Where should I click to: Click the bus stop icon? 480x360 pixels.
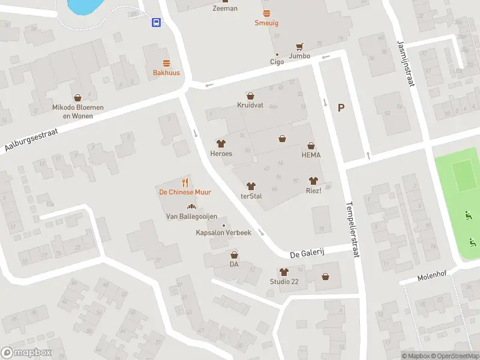pos(156,23)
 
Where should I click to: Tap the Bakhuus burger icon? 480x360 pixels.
pos(166,63)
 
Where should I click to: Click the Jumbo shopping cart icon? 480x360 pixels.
pos(299,46)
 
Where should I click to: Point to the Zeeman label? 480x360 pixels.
pos(225,8)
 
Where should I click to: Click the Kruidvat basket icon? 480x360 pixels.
pos(250,95)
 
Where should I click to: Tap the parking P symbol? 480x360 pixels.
pos(341,108)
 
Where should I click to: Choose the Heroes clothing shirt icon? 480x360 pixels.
pos(221,143)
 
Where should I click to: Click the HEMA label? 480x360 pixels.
pos(311,155)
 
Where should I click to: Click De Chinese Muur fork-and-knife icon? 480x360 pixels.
pos(185,182)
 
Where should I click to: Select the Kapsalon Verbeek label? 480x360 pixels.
pos(223,233)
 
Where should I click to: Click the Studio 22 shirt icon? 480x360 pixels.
pos(284,272)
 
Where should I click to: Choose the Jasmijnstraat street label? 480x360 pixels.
pos(406,63)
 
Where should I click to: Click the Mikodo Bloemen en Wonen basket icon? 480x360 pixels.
pos(77,97)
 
